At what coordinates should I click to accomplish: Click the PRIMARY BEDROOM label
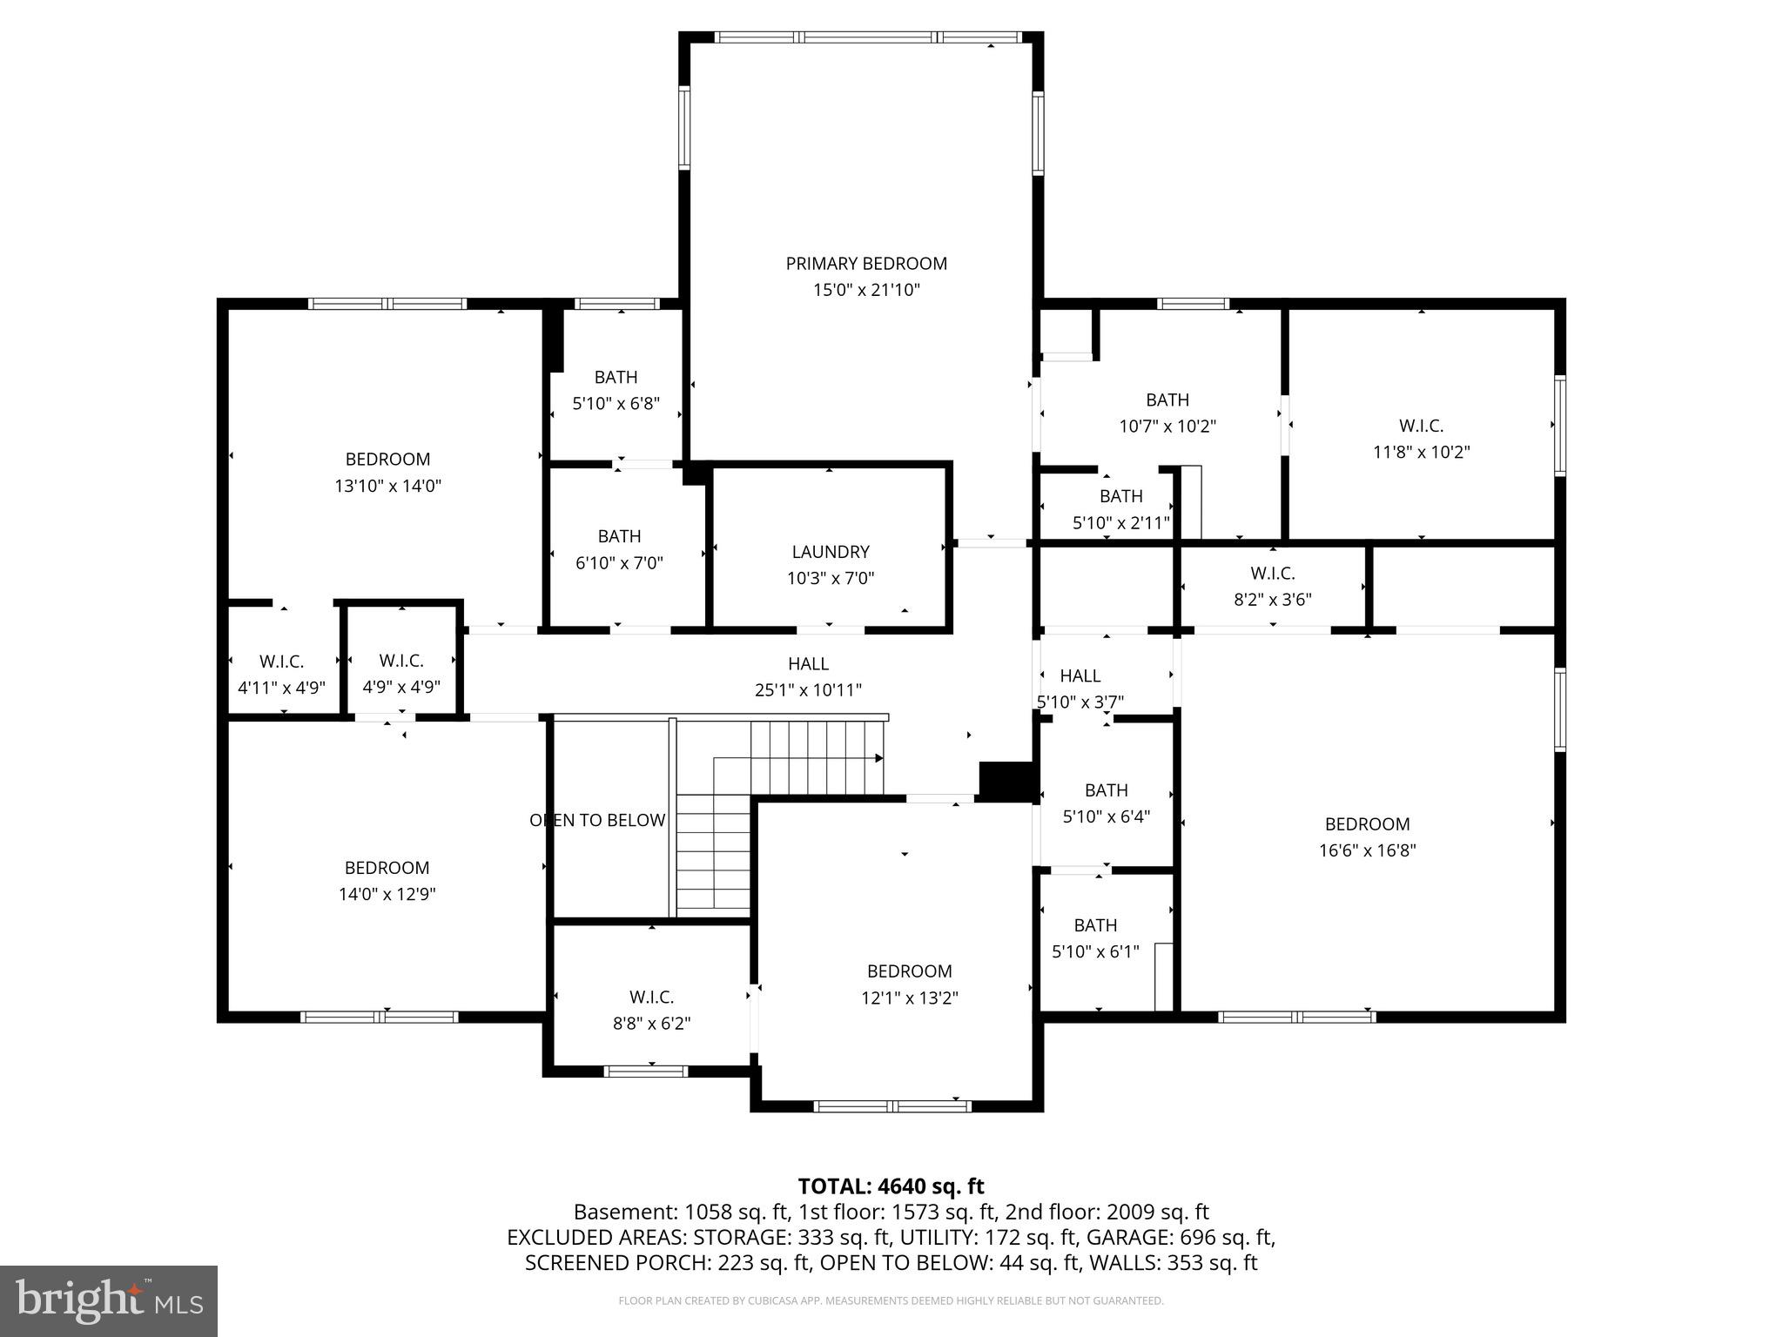(865, 264)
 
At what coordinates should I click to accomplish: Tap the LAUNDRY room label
(830, 552)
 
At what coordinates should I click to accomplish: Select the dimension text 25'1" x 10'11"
(808, 690)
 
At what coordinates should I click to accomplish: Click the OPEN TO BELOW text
(597, 820)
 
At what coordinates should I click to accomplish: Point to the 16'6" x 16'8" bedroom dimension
(1367, 850)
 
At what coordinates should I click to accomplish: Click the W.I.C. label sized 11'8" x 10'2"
(1421, 426)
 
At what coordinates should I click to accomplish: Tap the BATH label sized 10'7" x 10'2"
(1167, 400)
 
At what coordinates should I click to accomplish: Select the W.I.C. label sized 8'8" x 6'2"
(651, 998)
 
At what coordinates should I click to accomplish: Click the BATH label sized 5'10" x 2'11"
(1120, 496)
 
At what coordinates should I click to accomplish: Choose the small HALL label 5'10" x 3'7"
(1080, 675)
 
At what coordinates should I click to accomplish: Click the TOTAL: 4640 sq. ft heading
(891, 1186)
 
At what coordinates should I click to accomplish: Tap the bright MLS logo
(109, 1301)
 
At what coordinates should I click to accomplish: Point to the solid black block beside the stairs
(1005, 780)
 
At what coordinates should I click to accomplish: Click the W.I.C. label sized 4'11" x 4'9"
(281, 662)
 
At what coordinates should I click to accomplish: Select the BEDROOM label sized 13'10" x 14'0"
(387, 460)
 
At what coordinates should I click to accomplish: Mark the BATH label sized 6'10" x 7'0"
(619, 537)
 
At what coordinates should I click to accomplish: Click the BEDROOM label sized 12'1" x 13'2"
(909, 971)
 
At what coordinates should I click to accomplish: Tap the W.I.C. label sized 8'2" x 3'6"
(1272, 574)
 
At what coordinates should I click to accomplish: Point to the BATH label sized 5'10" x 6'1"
(1095, 925)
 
